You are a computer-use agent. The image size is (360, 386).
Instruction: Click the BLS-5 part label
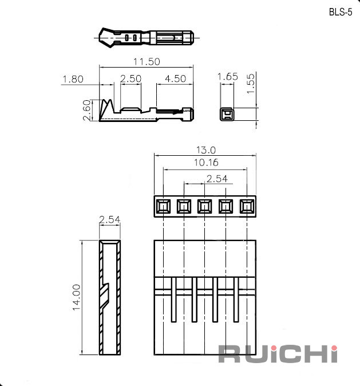341,12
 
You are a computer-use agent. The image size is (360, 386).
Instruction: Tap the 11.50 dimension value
147,61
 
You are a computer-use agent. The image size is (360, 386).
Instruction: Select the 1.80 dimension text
73,79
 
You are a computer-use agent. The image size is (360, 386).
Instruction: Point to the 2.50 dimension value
130,79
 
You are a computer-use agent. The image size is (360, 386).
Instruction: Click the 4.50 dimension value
176,79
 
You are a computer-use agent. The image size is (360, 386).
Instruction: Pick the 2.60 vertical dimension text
87,110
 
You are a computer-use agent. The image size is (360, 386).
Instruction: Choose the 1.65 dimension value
228,77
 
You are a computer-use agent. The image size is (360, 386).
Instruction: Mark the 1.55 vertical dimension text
251,84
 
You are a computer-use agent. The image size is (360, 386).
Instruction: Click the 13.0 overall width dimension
206,150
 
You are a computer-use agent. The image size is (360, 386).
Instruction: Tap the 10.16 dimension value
206,163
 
